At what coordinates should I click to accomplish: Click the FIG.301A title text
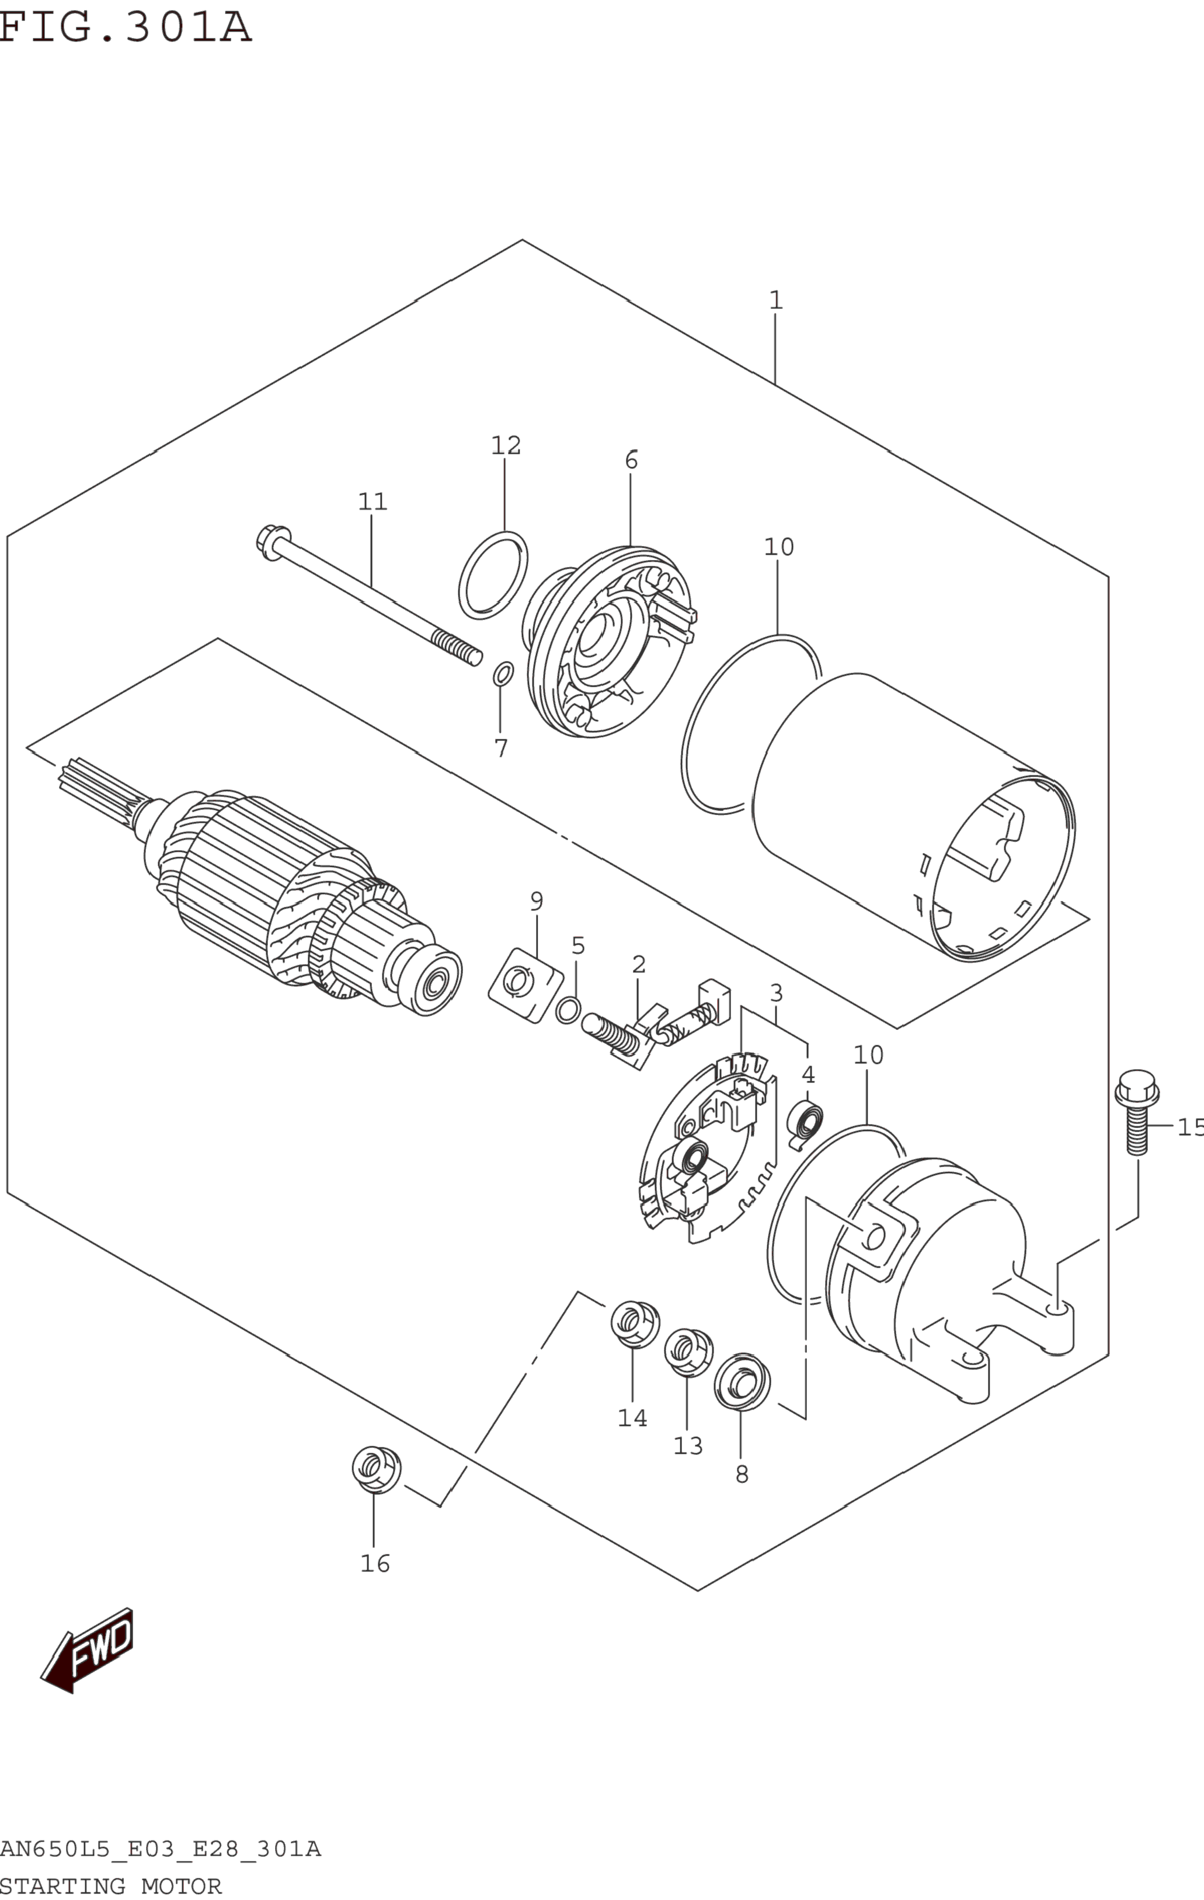(x=124, y=27)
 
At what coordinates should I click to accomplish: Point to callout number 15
(x=1189, y=1128)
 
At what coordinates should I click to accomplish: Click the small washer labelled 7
(x=503, y=674)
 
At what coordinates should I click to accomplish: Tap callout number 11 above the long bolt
(x=373, y=502)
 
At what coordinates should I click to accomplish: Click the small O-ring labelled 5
(x=568, y=1009)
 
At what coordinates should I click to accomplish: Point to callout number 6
(x=631, y=461)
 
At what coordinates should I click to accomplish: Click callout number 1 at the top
(x=775, y=301)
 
